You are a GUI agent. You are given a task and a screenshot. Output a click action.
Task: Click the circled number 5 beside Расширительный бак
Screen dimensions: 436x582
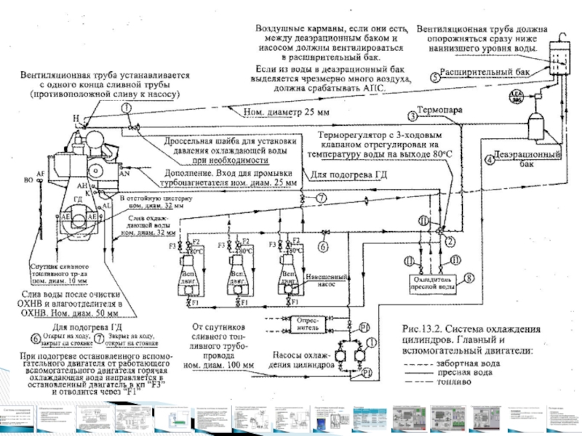click(x=434, y=76)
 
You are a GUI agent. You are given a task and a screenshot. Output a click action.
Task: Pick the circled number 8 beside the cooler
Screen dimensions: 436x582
click(x=469, y=277)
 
